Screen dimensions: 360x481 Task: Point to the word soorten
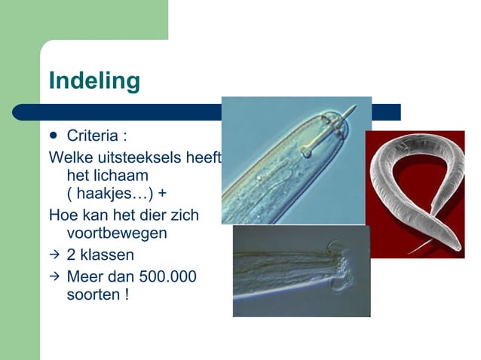[x=91, y=294]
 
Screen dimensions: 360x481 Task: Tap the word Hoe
[x=61, y=215]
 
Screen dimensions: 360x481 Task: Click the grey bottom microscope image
[x=301, y=271]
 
